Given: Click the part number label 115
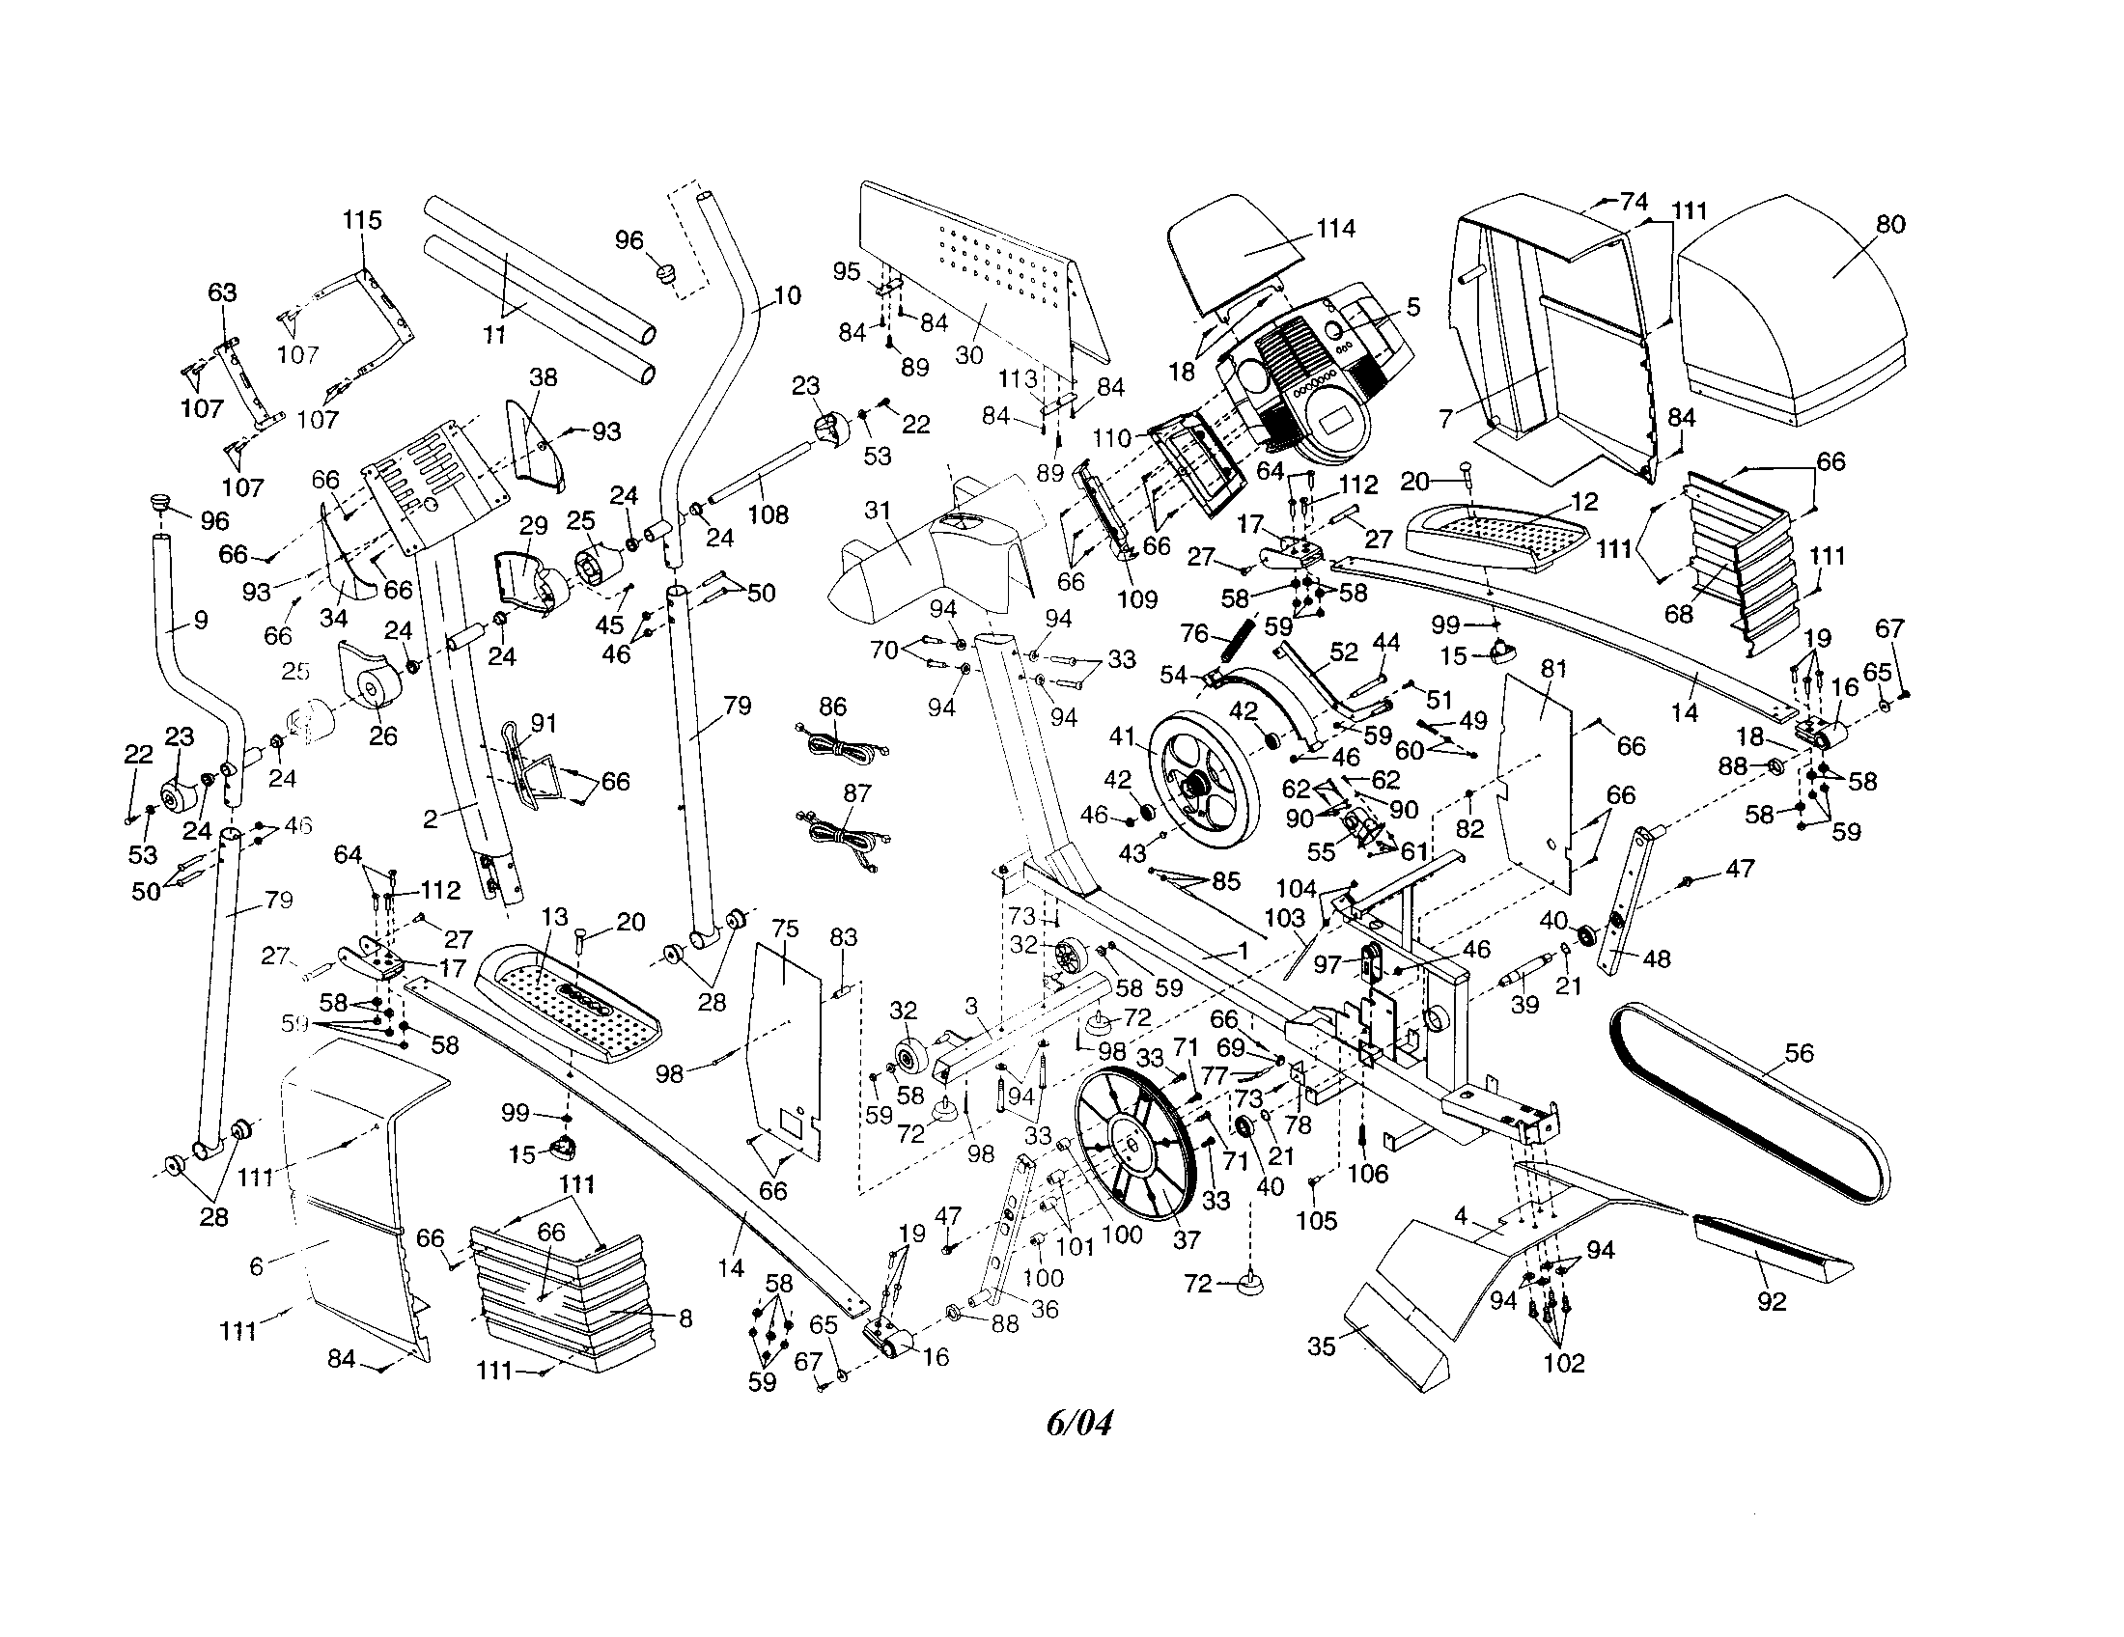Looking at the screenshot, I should click(x=361, y=220).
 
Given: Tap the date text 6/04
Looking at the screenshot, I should click(x=1078, y=1423).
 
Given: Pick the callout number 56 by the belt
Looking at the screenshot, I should click(x=1800, y=1053).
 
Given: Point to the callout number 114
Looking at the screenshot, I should click(x=1335, y=229).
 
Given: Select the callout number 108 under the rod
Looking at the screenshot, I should click(x=769, y=514).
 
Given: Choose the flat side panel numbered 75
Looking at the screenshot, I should click(x=784, y=1040).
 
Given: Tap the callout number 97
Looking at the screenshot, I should click(x=1327, y=963).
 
